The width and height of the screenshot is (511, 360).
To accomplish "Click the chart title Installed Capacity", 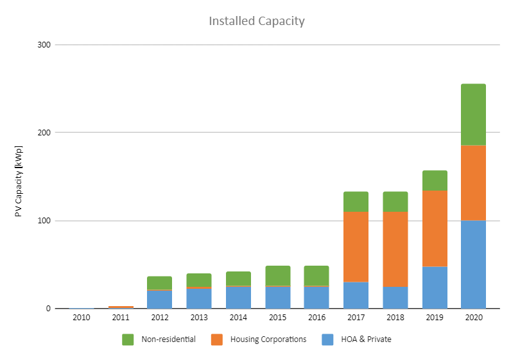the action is click(x=257, y=21).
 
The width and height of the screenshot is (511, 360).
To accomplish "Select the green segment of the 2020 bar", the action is click(x=473, y=114).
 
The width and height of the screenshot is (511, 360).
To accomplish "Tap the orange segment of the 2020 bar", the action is click(x=473, y=183).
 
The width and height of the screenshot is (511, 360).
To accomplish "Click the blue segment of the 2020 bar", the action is click(x=473, y=264).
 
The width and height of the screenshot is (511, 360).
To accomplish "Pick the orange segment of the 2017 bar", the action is click(x=356, y=246).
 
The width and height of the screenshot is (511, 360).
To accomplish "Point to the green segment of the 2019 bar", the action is click(x=435, y=180).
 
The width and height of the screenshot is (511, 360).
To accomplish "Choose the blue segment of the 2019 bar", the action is click(x=435, y=287).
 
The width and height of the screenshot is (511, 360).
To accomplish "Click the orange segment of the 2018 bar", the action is click(x=395, y=249).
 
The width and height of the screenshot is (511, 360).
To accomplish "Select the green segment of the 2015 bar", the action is click(x=278, y=276).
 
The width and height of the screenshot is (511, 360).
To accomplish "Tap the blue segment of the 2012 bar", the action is click(x=159, y=299).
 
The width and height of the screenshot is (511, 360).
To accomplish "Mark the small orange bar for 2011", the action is click(x=121, y=307).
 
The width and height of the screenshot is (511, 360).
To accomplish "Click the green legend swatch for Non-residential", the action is click(x=128, y=339).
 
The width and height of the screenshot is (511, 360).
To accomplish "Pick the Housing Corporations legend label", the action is click(x=268, y=339).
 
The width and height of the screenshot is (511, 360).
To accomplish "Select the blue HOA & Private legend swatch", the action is click(x=327, y=339).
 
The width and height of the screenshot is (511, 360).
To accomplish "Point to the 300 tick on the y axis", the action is click(x=44, y=45).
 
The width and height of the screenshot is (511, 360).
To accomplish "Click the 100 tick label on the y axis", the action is click(x=44, y=221).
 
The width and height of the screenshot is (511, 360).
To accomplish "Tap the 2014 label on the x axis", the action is click(x=238, y=317).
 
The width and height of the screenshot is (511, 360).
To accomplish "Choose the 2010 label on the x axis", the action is click(x=82, y=317).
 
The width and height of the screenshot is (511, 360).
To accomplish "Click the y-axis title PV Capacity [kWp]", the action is click(x=19, y=181).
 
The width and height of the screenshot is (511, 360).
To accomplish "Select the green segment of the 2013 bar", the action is click(x=199, y=280).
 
